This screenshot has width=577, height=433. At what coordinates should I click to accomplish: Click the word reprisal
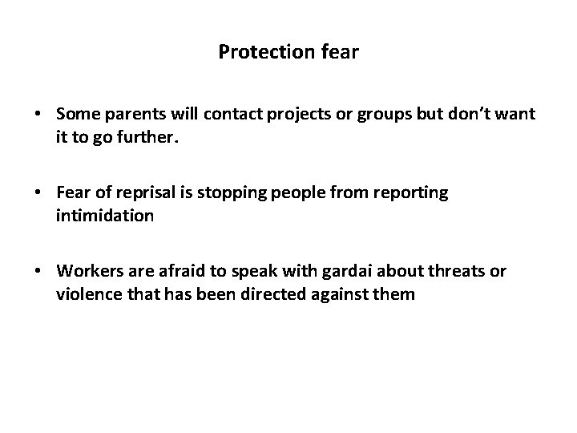[148, 193]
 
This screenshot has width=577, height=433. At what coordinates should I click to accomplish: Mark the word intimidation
[103, 216]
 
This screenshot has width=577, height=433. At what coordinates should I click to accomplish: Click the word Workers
[87, 271]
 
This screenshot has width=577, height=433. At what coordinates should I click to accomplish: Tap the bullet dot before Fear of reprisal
[38, 193]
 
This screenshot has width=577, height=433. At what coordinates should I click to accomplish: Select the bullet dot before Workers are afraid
[38, 271]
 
